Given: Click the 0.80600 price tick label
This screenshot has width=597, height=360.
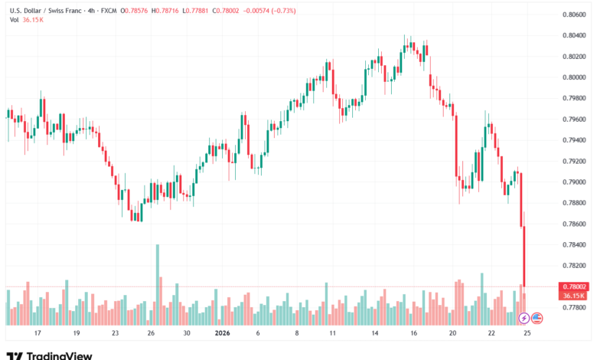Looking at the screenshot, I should (575, 15).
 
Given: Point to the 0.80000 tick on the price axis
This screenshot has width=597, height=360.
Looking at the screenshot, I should (575, 77).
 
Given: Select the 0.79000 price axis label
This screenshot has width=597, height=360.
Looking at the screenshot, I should (575, 182).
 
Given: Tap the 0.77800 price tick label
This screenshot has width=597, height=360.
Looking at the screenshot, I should (575, 307).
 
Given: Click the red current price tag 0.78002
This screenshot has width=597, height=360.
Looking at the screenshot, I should (575, 286).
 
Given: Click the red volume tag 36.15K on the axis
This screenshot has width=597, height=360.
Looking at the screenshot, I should (575, 295).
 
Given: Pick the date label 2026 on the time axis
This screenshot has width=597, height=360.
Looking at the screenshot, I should (223, 334).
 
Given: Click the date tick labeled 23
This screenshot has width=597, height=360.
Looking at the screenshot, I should (114, 334).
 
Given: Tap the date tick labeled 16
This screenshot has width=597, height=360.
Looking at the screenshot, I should (413, 334).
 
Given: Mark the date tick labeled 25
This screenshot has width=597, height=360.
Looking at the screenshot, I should (527, 334).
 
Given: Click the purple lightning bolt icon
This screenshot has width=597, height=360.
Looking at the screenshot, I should (524, 317).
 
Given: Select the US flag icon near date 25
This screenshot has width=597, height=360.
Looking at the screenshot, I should (537, 317).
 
